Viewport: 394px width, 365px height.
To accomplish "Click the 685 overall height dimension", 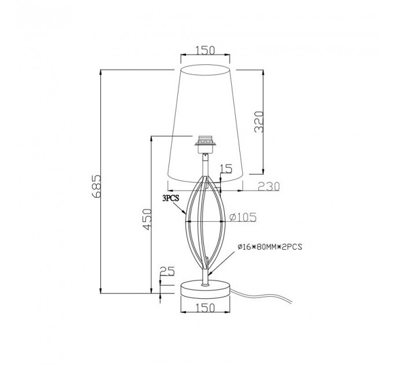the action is tap(97, 186).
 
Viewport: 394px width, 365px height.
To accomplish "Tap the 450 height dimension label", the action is tap(147, 219).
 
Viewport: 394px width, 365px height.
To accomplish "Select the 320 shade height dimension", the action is tap(259, 122).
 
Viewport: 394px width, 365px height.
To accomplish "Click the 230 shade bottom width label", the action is tap(269, 187).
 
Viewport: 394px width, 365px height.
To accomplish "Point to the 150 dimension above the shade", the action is tap(205, 50).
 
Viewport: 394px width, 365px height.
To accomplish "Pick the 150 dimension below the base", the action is tap(205, 308).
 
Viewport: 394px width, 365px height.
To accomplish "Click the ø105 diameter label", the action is tap(243, 217).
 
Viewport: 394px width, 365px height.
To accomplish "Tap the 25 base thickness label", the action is tap(167, 271).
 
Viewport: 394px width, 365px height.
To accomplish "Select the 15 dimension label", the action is tap(226, 169).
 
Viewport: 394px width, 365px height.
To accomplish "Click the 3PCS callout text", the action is tap(171, 199).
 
